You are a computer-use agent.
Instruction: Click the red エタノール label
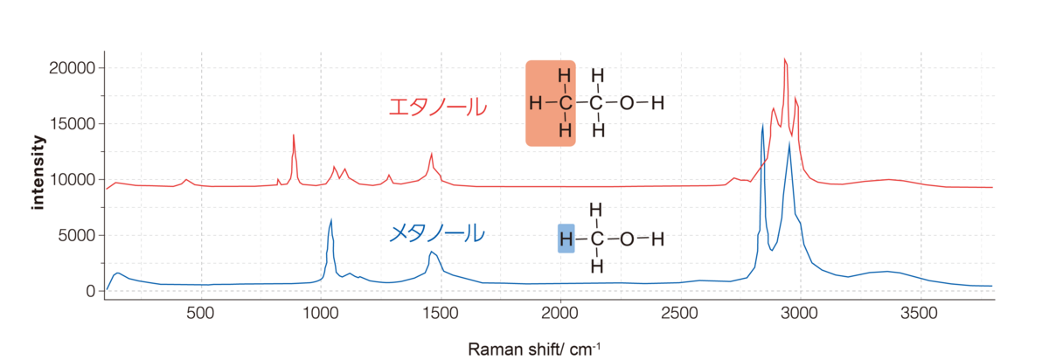[x=437, y=107]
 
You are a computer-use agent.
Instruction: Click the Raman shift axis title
[x=534, y=349]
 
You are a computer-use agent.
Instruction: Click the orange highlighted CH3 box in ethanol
[x=550, y=103]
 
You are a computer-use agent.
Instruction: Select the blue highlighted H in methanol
[x=566, y=239]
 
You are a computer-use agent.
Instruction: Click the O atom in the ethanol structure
[x=626, y=103]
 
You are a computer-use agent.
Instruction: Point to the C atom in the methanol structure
[x=596, y=239]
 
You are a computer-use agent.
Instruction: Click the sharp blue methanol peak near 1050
[x=331, y=220]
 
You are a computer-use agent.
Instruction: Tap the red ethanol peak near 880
[x=293, y=135]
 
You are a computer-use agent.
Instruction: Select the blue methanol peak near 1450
[x=431, y=253]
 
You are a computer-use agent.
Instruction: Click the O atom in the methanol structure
[x=626, y=239]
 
